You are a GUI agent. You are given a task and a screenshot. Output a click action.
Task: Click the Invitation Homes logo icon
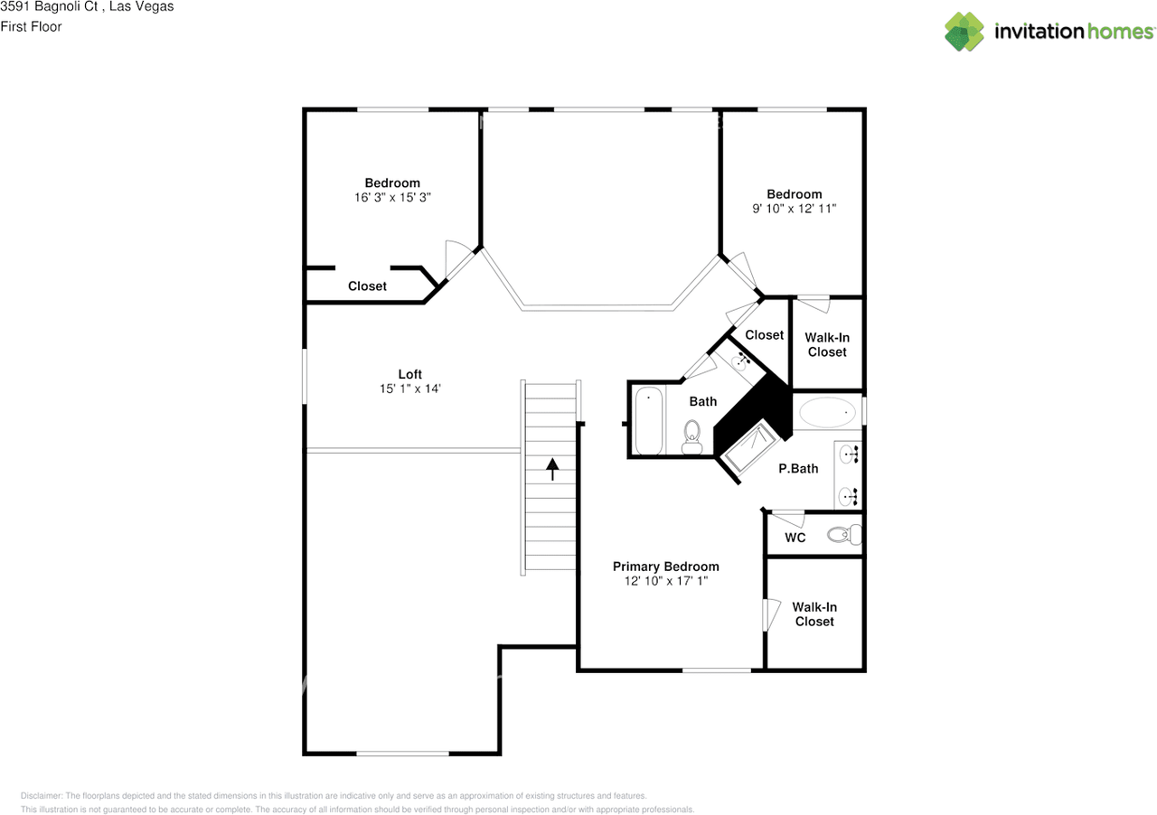(964, 32)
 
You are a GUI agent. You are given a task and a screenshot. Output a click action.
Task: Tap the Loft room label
(410, 374)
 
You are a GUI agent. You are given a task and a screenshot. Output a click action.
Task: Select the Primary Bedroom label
(666, 567)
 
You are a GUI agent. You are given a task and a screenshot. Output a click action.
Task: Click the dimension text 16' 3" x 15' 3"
(392, 197)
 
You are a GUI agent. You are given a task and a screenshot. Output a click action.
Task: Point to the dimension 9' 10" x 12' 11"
(795, 208)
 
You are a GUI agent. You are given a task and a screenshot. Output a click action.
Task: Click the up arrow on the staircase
(551, 468)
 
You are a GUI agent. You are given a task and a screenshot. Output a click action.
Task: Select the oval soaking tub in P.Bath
(827, 413)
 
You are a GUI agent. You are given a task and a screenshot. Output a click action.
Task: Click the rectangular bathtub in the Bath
(649, 421)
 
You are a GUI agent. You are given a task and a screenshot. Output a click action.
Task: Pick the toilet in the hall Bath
(692, 436)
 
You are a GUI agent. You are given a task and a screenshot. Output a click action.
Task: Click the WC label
(795, 538)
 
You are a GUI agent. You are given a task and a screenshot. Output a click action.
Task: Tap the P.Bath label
(798, 468)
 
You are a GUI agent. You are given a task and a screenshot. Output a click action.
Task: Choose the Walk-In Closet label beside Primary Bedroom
(814, 614)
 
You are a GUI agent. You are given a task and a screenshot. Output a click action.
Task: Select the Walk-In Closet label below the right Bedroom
(827, 344)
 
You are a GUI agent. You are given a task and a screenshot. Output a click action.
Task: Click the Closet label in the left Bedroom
(367, 286)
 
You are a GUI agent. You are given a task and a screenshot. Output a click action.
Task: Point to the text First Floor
(31, 26)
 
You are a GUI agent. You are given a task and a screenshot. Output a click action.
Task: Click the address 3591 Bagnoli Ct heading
(87, 7)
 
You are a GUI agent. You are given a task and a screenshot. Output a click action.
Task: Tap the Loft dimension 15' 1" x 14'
(410, 389)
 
